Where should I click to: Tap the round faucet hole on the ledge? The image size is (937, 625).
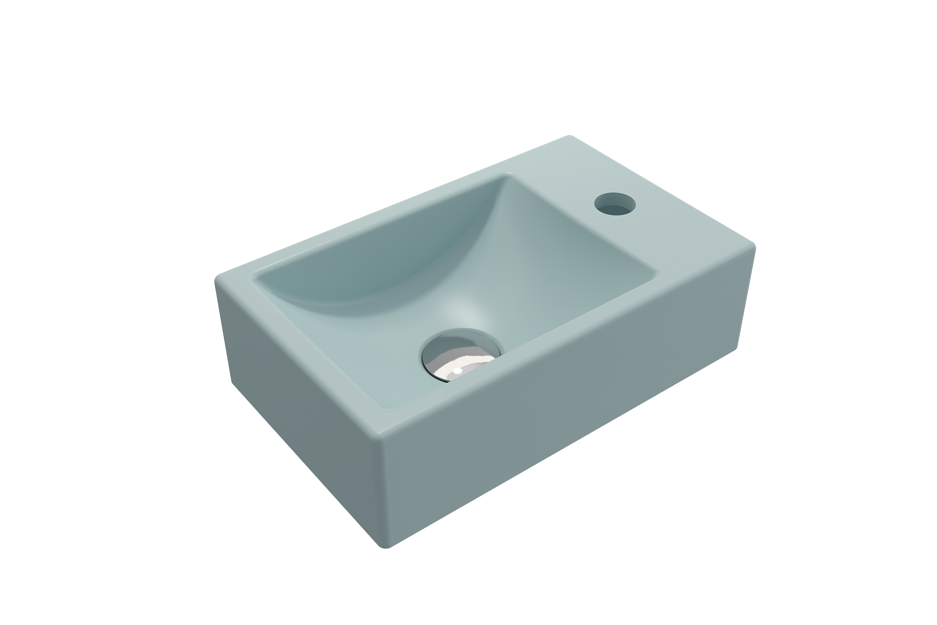(x=614, y=204)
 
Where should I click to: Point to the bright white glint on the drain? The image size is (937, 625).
(x=457, y=371)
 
